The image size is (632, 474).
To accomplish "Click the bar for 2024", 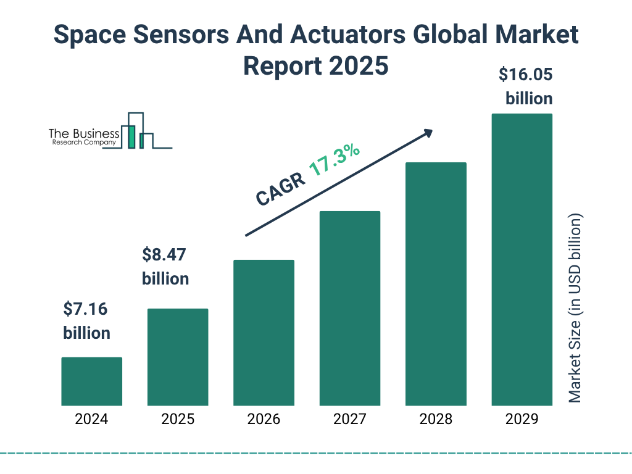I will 91,381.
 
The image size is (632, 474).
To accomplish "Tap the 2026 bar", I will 264,333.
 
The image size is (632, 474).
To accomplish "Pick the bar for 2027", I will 349,308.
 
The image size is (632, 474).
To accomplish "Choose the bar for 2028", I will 436,284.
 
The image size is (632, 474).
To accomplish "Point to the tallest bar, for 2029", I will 522,259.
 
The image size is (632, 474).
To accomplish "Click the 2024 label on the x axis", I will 91,420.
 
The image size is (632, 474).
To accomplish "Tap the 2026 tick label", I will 264,420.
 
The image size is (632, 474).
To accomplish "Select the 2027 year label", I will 349,420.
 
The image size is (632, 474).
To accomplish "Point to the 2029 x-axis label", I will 522,420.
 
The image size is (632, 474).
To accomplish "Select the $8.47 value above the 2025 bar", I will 164,254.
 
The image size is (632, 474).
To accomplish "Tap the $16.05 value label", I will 525,75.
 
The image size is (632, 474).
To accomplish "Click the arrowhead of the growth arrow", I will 427,133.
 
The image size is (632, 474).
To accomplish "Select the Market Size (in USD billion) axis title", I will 575,309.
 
